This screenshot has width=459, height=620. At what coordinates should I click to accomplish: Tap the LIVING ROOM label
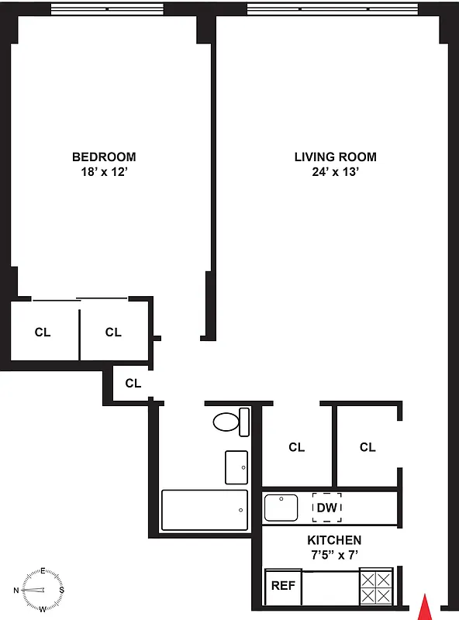pyautogui.click(x=335, y=157)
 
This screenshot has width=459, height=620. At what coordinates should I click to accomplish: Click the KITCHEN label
pyautogui.click(x=333, y=540)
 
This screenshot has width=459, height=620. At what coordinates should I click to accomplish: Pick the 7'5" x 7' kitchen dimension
pyautogui.click(x=333, y=555)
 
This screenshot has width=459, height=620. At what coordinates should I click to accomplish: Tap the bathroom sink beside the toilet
pyautogui.click(x=236, y=467)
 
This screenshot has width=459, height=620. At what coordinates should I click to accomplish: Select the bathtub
pyautogui.click(x=205, y=510)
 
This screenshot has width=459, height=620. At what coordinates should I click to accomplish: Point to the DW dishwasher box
pyautogui.click(x=326, y=508)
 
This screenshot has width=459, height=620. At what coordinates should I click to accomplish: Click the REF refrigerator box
pyautogui.click(x=283, y=586)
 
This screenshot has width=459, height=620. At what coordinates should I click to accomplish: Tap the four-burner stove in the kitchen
pyautogui.click(x=378, y=587)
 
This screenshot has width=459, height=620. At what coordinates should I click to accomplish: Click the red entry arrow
pyautogui.click(x=423, y=606)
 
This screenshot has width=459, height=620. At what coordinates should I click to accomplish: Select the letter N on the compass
pyautogui.click(x=17, y=590)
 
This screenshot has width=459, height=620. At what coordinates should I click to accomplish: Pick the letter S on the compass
pyautogui.click(x=62, y=590)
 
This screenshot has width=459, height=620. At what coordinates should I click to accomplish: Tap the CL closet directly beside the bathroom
pyautogui.click(x=296, y=447)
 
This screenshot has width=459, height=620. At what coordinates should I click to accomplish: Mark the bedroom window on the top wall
pyautogui.click(x=108, y=9)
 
